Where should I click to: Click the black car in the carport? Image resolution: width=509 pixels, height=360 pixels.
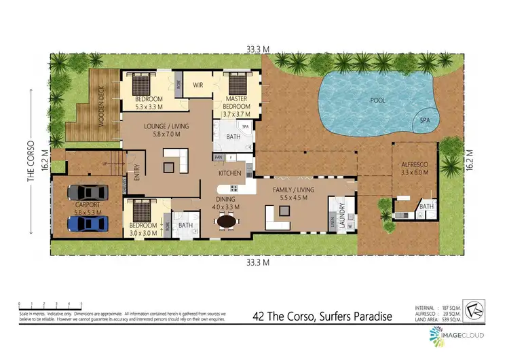click(89, 193)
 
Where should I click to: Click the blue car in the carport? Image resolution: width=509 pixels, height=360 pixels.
click(89, 221)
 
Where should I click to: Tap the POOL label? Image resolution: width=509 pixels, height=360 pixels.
click(377, 101)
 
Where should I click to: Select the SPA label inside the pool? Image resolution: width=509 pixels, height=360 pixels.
click(426, 120)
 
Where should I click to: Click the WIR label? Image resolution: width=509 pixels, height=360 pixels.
click(199, 85)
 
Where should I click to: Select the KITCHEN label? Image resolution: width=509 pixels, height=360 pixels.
click(230, 173)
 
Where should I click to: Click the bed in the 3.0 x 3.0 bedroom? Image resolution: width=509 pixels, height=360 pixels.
click(143, 209)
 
